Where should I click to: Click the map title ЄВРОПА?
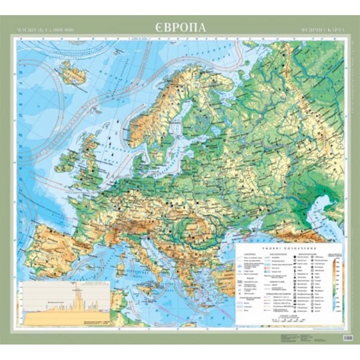tap(181, 27)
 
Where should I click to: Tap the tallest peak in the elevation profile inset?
tap(76, 288)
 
